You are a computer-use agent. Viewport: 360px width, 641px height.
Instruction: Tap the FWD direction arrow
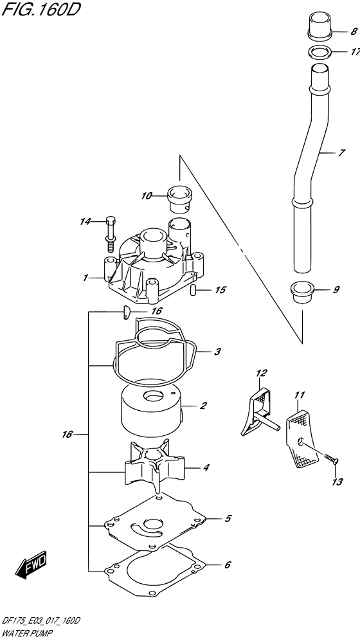click(x=30, y=565)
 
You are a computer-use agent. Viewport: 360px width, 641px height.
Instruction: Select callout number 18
click(x=66, y=435)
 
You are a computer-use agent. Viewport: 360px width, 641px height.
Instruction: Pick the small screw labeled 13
click(x=330, y=458)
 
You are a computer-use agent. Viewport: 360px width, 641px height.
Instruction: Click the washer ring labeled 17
click(x=317, y=52)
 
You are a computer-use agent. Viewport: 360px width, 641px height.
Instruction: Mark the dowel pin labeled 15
click(x=193, y=291)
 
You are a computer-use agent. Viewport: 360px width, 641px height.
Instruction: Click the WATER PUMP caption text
click(x=29, y=633)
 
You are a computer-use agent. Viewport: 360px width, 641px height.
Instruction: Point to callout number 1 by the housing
click(x=85, y=278)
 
